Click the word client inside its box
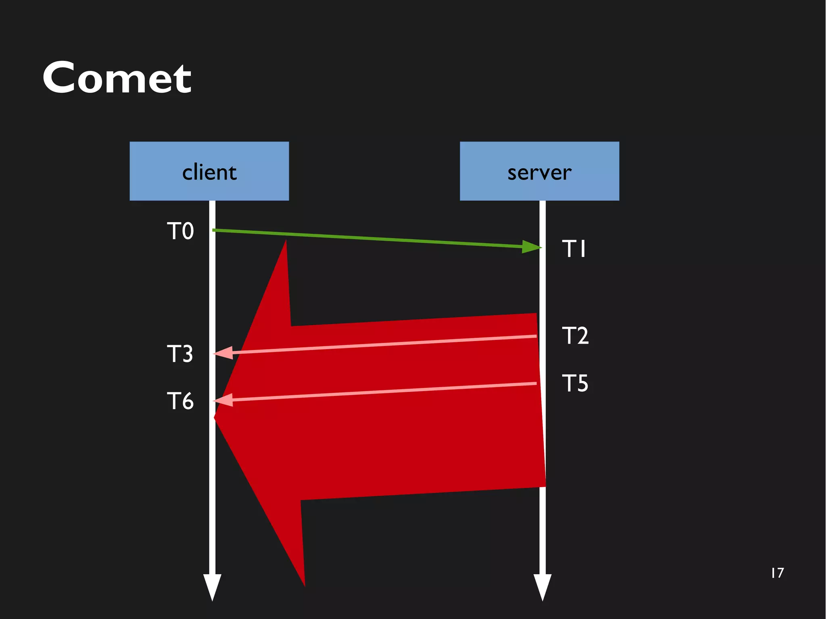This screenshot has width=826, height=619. [209, 173]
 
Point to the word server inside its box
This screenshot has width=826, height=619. [539, 173]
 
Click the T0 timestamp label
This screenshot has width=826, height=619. [180, 231]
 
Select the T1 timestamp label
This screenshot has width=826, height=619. [574, 248]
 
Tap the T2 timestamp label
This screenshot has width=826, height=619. [575, 336]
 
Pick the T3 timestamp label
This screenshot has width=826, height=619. [180, 354]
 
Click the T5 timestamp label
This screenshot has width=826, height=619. [575, 383]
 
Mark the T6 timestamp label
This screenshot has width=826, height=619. [180, 401]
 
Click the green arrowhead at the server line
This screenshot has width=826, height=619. [531, 246]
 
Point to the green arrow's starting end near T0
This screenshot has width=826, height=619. [216, 230]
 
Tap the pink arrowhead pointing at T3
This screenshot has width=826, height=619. [224, 353]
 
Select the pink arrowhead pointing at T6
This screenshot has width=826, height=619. [224, 400]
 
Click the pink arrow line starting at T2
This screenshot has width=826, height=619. [383, 344]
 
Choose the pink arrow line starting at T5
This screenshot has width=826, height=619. [383, 392]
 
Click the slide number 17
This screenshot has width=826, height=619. [777, 573]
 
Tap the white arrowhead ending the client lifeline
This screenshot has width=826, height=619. [212, 586]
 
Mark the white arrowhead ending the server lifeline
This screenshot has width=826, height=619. [542, 586]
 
